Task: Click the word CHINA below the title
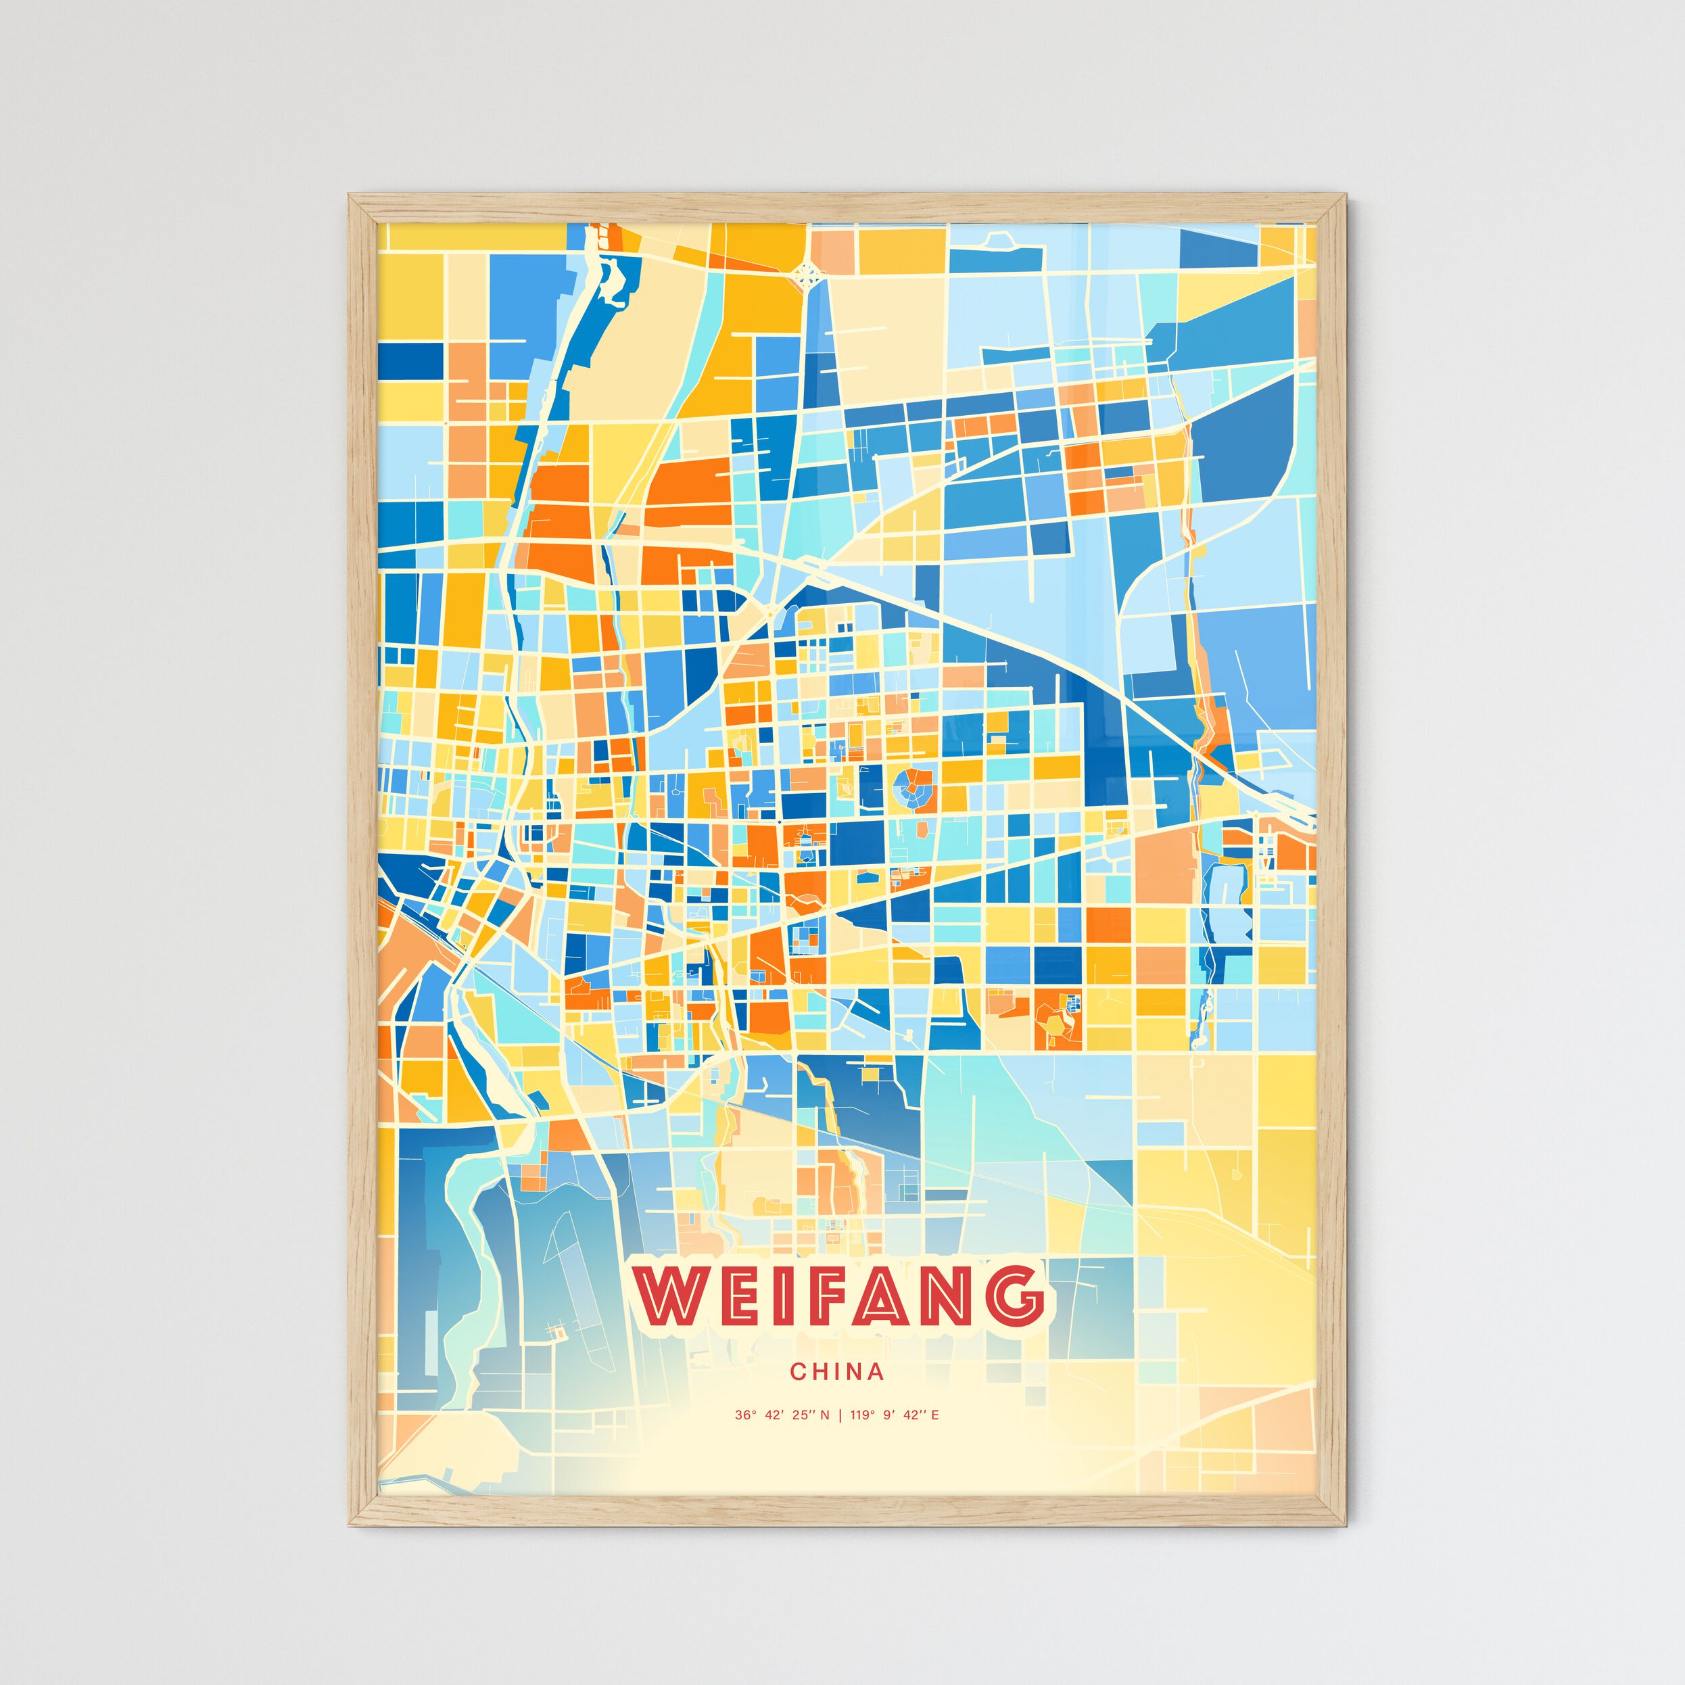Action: coord(836,1372)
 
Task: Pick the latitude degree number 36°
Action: coord(744,1415)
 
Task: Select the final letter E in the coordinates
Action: coord(935,1415)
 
